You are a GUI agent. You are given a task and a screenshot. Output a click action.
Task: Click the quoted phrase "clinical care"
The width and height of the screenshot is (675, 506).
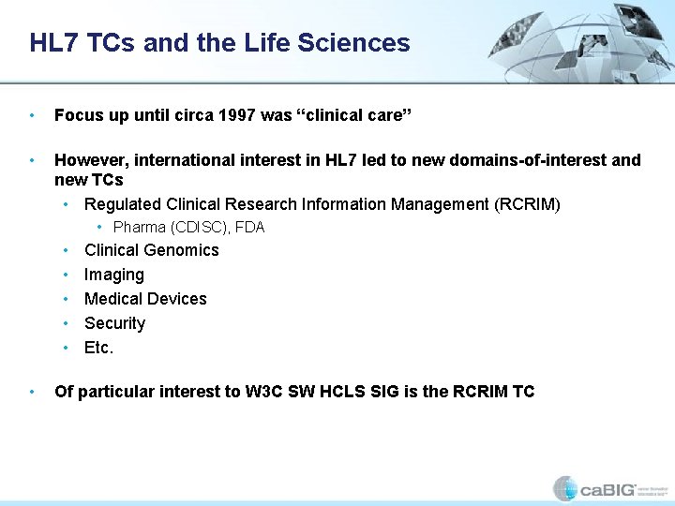point(352,115)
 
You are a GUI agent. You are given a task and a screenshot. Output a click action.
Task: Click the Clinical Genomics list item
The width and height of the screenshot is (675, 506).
point(151,250)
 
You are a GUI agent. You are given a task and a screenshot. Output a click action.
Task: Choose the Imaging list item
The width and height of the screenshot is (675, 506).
point(113,275)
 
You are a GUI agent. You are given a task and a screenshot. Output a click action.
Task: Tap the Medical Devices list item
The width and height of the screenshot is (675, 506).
point(145,299)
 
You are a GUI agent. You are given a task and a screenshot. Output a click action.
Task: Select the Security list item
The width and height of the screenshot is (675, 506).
point(114,323)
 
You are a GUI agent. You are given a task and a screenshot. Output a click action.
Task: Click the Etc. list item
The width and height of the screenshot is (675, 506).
point(98,348)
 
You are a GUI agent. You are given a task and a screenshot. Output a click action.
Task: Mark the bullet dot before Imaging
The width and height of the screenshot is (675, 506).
point(66,275)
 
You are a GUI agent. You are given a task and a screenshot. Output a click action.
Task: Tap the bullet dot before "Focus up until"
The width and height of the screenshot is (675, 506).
point(33,116)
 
